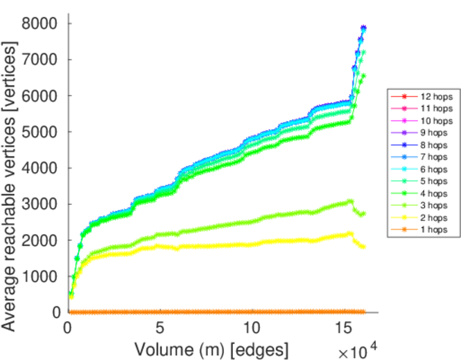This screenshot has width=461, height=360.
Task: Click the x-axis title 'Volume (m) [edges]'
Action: (211, 349)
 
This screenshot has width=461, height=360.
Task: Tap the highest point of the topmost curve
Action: (363, 28)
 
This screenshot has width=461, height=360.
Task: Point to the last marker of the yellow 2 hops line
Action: (363, 247)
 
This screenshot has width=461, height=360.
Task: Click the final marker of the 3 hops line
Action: (363, 214)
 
